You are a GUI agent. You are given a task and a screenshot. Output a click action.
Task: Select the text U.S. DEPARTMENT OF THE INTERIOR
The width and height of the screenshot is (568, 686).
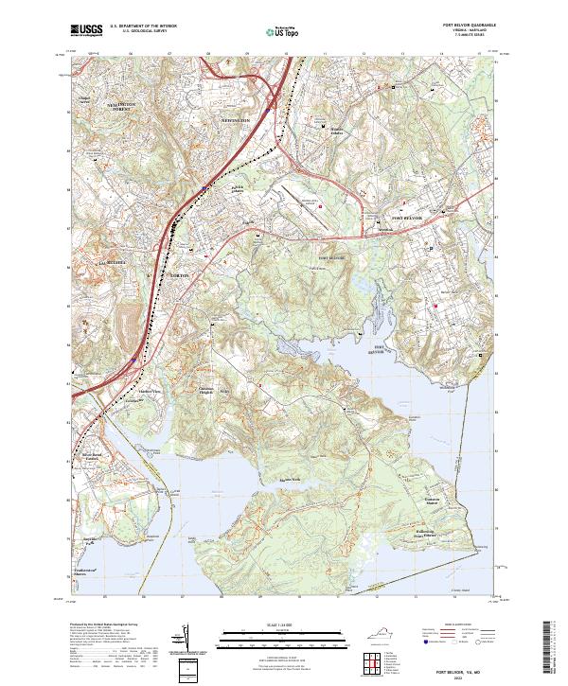[x=143, y=26]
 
